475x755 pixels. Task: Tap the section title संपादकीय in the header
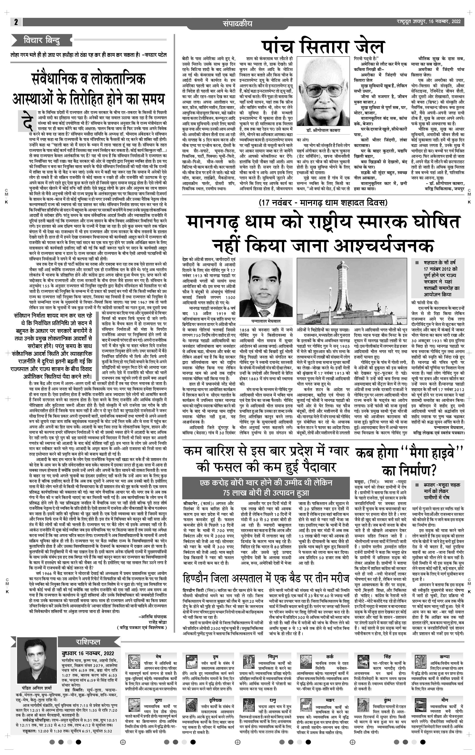click(237, 23)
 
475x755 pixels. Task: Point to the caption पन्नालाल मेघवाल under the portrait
click(266, 321)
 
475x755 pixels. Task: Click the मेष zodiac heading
click(158, 656)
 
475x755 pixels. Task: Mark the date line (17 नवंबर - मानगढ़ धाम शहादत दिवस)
click(323, 203)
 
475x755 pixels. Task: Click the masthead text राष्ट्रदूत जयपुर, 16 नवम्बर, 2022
click(428, 22)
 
